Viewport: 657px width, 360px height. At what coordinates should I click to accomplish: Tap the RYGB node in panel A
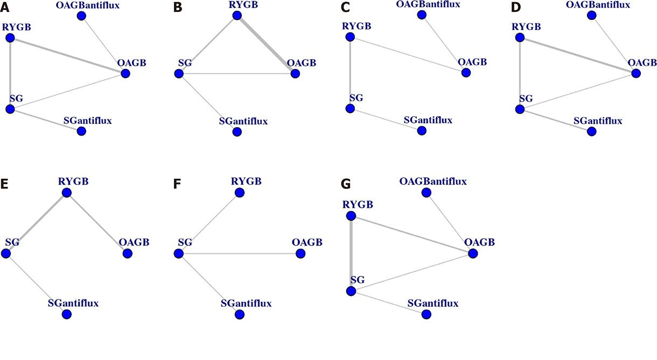tap(10, 38)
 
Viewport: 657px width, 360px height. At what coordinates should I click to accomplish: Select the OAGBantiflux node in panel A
tap(81, 16)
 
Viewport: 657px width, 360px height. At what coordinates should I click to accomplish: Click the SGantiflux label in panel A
tap(87, 120)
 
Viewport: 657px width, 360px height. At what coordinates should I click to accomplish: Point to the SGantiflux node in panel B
tap(236, 131)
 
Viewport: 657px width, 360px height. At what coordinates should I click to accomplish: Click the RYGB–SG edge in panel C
tap(350, 73)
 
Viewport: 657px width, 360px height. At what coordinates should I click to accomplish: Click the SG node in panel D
tap(520, 109)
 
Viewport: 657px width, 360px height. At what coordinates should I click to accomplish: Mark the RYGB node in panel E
tap(66, 192)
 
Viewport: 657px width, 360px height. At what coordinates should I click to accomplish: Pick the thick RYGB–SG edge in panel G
tap(351, 253)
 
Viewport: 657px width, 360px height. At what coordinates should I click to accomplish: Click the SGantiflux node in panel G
tap(426, 314)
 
